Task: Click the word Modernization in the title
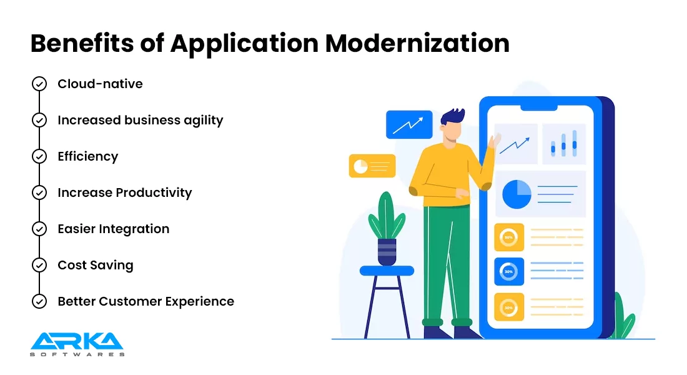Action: click(x=417, y=43)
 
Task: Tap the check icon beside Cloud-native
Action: click(x=39, y=84)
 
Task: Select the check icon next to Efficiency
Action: click(x=39, y=156)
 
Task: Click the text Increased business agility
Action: click(x=140, y=121)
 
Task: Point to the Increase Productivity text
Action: click(x=125, y=193)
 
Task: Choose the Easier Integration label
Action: click(x=114, y=229)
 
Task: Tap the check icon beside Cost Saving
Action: click(x=39, y=265)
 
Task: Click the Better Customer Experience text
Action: click(x=146, y=301)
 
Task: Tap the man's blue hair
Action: click(x=453, y=117)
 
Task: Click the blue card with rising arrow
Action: click(x=409, y=124)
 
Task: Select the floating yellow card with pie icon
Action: click(x=372, y=166)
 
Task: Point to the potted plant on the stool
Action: click(x=387, y=229)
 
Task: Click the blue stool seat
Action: click(x=387, y=271)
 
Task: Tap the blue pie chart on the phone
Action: click(x=517, y=194)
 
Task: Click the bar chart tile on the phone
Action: click(x=564, y=144)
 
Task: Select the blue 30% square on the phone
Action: click(x=509, y=271)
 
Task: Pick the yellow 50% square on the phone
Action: click(x=509, y=237)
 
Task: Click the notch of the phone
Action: click(x=539, y=108)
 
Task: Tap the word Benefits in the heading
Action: click(x=82, y=43)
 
